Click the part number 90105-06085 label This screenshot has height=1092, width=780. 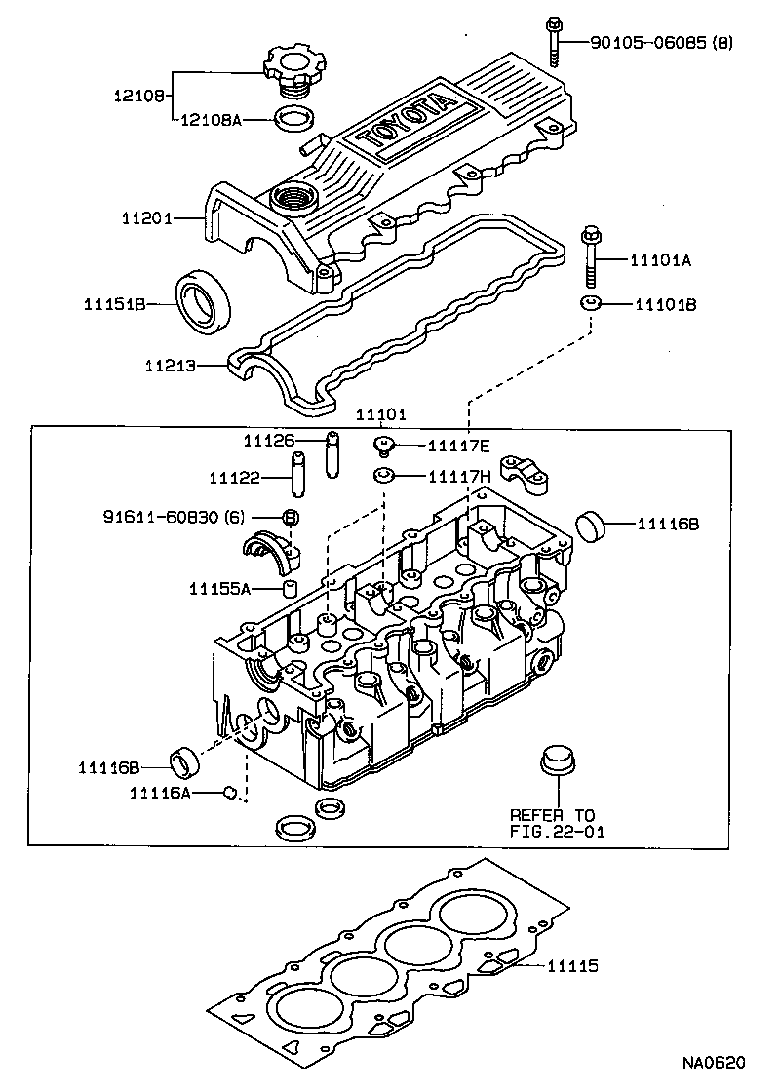tap(661, 42)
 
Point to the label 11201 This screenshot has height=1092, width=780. tap(147, 219)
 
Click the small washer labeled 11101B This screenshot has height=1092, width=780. tap(590, 303)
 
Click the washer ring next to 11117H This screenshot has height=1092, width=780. tap(384, 476)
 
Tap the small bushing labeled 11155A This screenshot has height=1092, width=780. tap(289, 588)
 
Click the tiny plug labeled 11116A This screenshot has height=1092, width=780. tap(232, 792)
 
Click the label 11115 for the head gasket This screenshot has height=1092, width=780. tap(571, 966)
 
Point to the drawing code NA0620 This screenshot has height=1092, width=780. tap(713, 1062)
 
